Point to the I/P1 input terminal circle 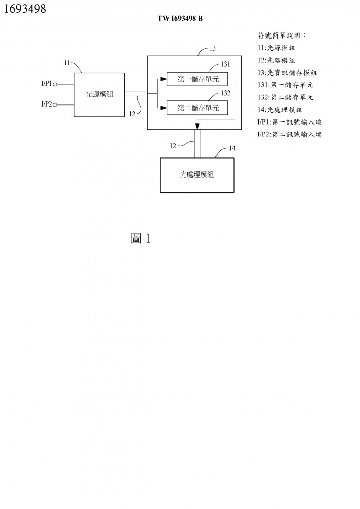point(55,85)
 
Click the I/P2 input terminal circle point(55,105)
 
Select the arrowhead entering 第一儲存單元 point(164,79)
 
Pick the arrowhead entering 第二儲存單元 point(164,108)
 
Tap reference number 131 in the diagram point(225,64)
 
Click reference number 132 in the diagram point(225,93)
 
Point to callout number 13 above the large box point(212,49)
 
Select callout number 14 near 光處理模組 point(232,148)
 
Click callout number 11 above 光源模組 point(67,63)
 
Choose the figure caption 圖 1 point(140,239)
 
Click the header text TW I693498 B point(180,19)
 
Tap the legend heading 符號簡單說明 point(282,36)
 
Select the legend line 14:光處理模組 point(280,110)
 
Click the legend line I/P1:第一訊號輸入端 point(290,122)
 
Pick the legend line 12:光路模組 point(276,60)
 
